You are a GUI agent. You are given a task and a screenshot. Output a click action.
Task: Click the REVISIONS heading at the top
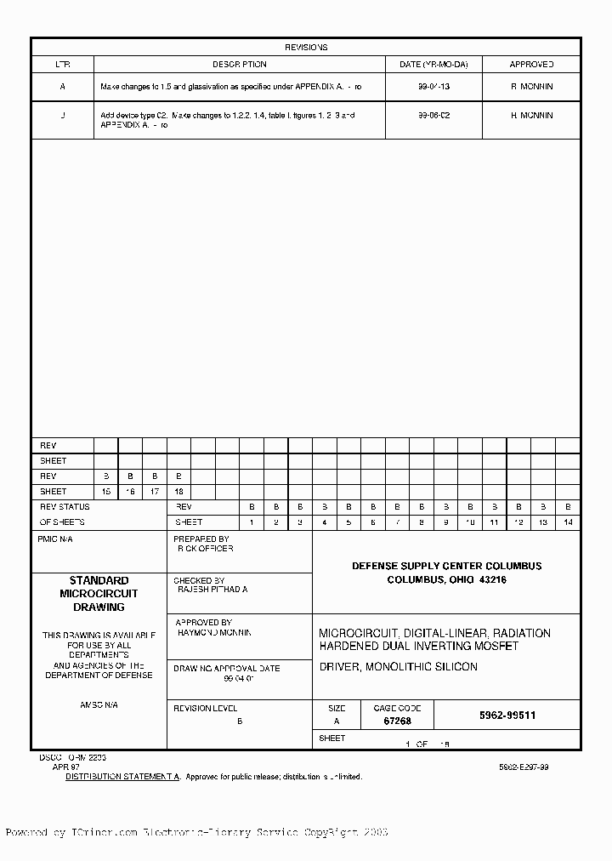tap(305, 48)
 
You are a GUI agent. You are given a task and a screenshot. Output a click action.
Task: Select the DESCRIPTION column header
tap(239, 65)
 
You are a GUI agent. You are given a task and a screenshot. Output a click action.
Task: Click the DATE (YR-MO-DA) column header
tap(433, 65)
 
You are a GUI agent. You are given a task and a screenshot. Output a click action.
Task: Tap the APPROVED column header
tap(531, 65)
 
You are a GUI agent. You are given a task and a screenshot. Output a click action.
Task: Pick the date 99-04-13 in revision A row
tap(433, 87)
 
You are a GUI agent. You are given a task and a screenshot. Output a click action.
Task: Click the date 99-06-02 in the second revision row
tap(433, 115)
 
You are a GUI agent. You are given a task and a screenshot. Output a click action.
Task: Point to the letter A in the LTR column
tap(62, 87)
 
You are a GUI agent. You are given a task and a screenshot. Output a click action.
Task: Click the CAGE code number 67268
tap(398, 721)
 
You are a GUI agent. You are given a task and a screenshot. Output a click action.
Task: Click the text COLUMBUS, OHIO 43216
tap(446, 579)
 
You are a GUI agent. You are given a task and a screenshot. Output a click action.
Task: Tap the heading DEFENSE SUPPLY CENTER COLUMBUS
tap(446, 566)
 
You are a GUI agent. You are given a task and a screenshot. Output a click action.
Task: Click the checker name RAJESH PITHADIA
tap(212, 589)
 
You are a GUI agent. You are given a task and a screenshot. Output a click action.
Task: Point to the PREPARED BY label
tap(201, 539)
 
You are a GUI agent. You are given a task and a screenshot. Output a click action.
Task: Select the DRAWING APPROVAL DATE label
tap(227, 669)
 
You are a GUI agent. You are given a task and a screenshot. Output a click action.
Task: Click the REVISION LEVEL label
tap(205, 708)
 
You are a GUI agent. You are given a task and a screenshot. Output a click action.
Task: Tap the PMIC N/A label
tap(59, 539)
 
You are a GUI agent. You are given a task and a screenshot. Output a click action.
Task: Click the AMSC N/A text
tap(99, 705)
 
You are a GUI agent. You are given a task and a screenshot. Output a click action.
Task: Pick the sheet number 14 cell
tap(568, 522)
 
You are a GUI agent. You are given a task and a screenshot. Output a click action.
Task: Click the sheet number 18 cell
tap(178, 492)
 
